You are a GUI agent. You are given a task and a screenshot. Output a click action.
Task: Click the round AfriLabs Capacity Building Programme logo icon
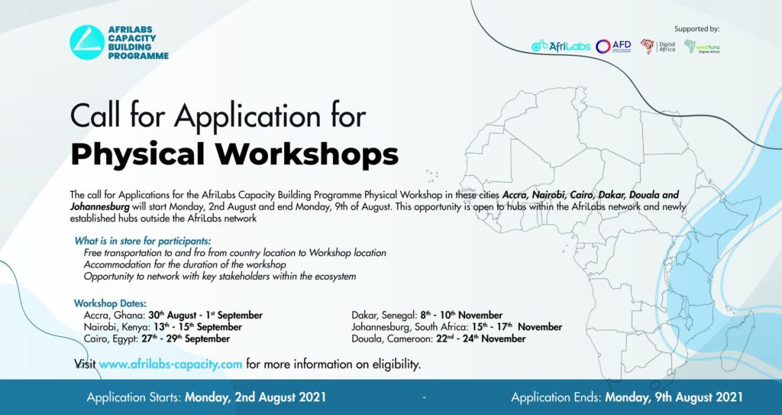tap(87, 43)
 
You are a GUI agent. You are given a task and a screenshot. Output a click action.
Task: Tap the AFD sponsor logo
tap(613, 47)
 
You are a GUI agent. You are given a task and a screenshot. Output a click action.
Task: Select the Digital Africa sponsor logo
tap(658, 47)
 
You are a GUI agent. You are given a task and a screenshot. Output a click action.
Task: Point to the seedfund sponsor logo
tap(702, 47)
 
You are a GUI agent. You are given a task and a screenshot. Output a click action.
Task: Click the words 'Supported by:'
tap(696, 29)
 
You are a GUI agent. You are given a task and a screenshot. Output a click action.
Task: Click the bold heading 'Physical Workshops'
tap(234, 154)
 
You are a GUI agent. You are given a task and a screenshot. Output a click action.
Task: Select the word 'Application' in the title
tap(247, 117)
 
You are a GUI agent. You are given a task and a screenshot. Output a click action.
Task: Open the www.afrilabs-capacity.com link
tap(170, 364)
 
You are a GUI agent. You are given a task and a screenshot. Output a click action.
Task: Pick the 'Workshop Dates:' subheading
tap(110, 303)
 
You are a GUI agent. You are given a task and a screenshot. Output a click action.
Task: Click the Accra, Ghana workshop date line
tap(173, 315)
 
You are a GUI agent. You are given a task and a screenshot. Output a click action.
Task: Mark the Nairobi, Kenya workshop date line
tap(163, 327)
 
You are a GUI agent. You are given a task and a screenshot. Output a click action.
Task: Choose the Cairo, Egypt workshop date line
tap(157, 339)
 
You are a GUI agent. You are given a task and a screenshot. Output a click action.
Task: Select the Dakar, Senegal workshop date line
tap(427, 315)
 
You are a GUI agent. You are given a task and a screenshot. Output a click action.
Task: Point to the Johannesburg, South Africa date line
tap(457, 327)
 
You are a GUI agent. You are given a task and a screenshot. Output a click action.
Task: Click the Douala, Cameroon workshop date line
tap(438, 339)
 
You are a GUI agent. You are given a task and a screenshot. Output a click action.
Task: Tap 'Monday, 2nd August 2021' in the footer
tap(255, 397)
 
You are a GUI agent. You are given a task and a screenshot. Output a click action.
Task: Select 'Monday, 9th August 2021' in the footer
tap(674, 397)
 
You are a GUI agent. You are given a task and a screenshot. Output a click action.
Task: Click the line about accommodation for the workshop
tap(185, 264)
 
